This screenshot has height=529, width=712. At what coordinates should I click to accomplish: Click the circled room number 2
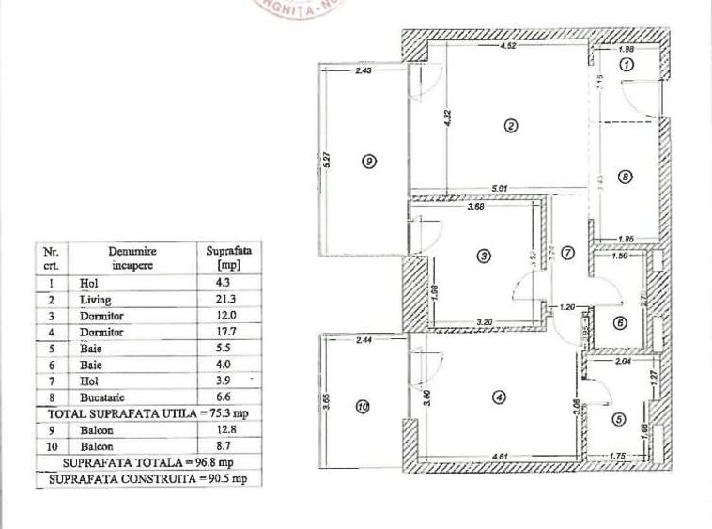[511, 127]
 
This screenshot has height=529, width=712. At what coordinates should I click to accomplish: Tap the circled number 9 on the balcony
[368, 161]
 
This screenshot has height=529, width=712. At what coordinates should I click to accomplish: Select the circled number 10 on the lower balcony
[364, 407]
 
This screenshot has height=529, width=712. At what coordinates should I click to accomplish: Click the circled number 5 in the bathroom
[616, 420]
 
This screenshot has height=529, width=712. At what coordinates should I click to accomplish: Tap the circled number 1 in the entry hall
[628, 64]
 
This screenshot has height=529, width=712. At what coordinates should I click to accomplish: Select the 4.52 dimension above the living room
[509, 45]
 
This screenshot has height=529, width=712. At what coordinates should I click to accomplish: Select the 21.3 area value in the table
[217, 300]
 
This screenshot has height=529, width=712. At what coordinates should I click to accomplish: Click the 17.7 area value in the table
[217, 333]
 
